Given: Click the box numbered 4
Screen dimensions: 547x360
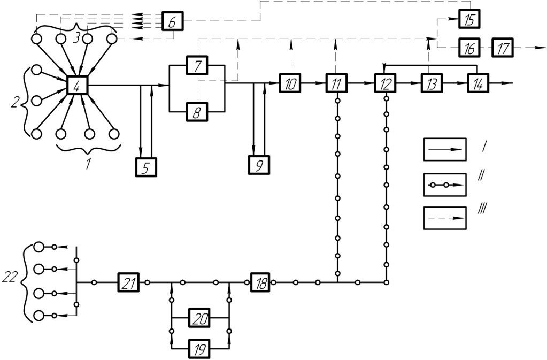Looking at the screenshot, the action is [78, 85].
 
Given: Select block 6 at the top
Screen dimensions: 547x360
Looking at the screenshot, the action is [172, 21].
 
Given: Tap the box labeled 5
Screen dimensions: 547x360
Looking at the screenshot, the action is [146, 167].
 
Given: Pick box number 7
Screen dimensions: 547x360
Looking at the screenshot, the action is [197, 65].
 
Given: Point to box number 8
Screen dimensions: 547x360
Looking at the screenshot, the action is [197, 112].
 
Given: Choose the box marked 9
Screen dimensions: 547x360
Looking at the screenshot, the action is [259, 165].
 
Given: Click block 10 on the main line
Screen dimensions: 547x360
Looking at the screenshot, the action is [290, 83].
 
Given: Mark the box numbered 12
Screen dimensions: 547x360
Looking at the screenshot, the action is [385, 83].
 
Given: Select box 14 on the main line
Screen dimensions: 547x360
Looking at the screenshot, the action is [478, 83].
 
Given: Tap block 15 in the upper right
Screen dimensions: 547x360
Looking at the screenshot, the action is [469, 19].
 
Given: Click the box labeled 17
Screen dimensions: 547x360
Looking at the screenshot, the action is [503, 48].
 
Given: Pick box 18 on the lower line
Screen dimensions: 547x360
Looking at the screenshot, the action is [260, 282].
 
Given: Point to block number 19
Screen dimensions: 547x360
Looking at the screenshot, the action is [199, 348].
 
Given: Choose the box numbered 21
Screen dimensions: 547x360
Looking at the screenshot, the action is [128, 282].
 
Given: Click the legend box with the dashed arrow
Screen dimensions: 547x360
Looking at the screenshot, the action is [445, 218].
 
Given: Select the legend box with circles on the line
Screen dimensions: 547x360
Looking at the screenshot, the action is [445, 185].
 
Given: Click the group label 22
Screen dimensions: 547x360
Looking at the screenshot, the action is [10, 277].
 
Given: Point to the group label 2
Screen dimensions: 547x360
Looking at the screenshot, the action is [14, 103].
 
